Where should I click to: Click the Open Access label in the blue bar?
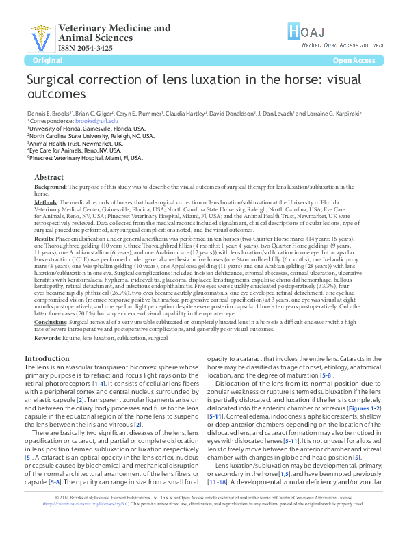(354, 61)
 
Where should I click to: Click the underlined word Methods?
(45, 202)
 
